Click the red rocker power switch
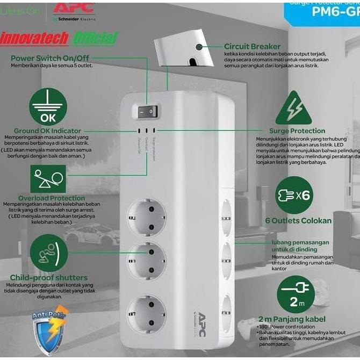click(x=146, y=112)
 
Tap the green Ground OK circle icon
click(x=48, y=107)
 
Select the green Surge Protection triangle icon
click(x=293, y=108)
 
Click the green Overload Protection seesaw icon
click(x=48, y=179)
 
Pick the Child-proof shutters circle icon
click(x=48, y=253)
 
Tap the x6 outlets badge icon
click(x=293, y=195)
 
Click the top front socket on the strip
click(x=146, y=217)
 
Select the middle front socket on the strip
click(x=146, y=260)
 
